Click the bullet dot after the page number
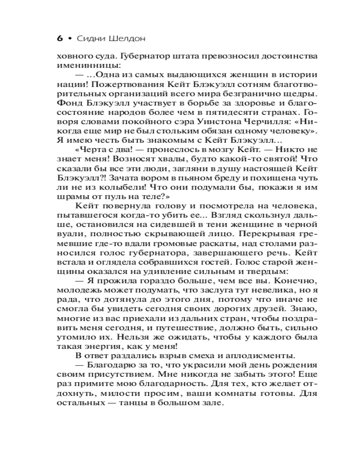[70, 39]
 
